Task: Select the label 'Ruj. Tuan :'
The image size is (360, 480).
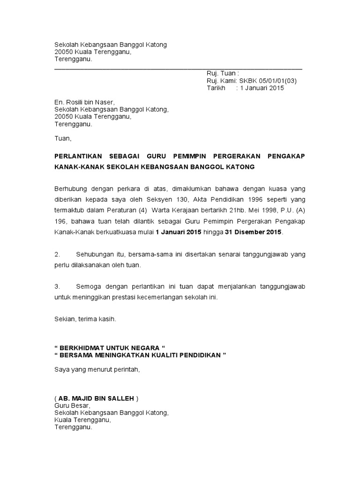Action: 223,73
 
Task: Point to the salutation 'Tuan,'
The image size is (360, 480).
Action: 63,139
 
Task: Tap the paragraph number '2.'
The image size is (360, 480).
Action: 58,254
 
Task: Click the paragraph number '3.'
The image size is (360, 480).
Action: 58,286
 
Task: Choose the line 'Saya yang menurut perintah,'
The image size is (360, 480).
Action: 97,369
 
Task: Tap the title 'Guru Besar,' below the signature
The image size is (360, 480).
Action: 72,405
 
